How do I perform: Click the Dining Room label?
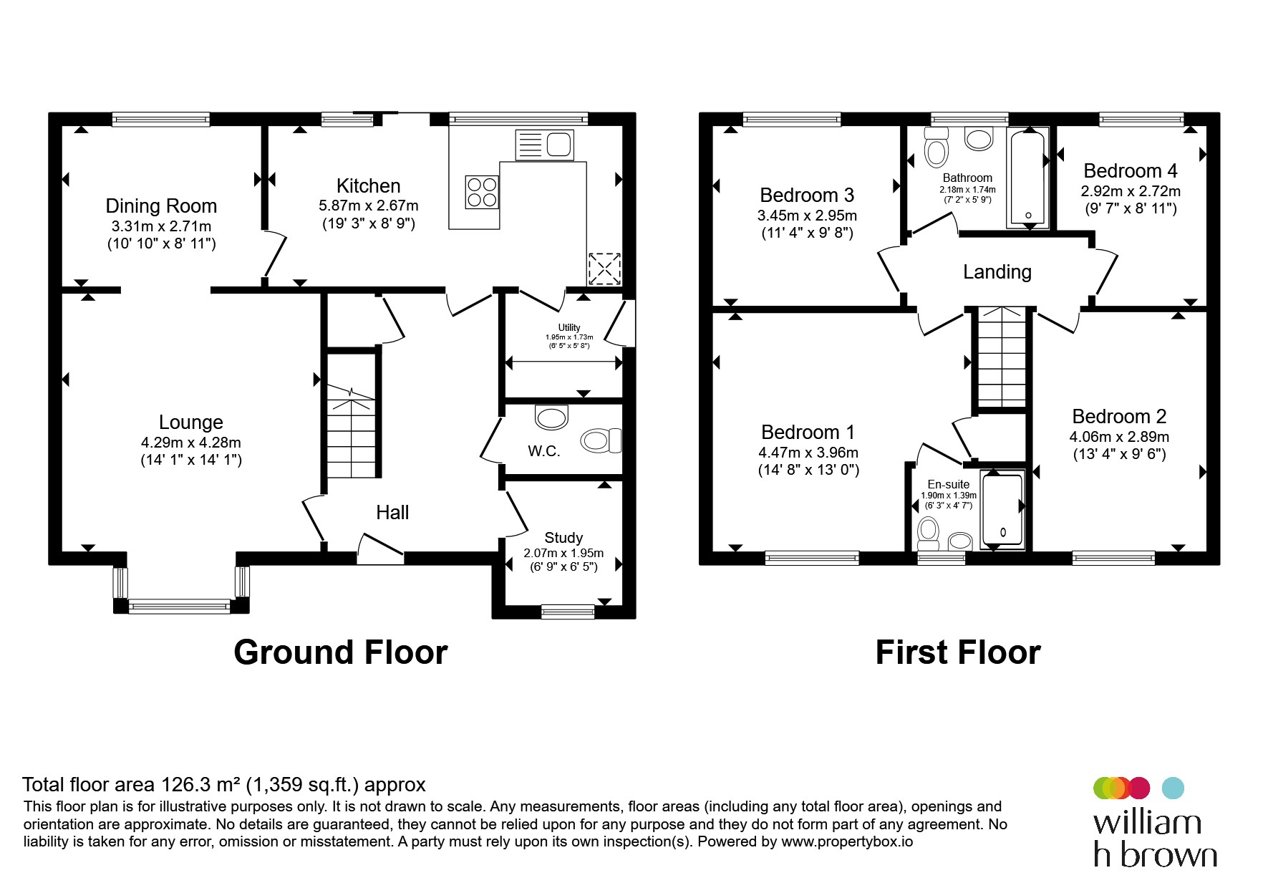(x=161, y=206)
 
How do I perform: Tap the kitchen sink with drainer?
(x=544, y=145)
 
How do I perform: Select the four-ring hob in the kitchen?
(x=482, y=192)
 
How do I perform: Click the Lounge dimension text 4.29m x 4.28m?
(x=191, y=443)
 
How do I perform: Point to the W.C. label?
(x=544, y=451)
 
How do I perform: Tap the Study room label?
(x=563, y=538)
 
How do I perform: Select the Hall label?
(x=392, y=513)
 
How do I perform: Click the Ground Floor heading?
(x=341, y=652)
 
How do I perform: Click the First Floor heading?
(x=958, y=652)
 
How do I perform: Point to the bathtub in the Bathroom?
(x=1028, y=178)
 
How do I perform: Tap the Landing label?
(x=997, y=272)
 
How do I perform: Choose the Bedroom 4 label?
(x=1131, y=171)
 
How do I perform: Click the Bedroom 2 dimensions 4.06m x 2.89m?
(x=1120, y=437)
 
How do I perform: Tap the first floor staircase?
(x=1001, y=357)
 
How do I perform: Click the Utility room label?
(x=569, y=327)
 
